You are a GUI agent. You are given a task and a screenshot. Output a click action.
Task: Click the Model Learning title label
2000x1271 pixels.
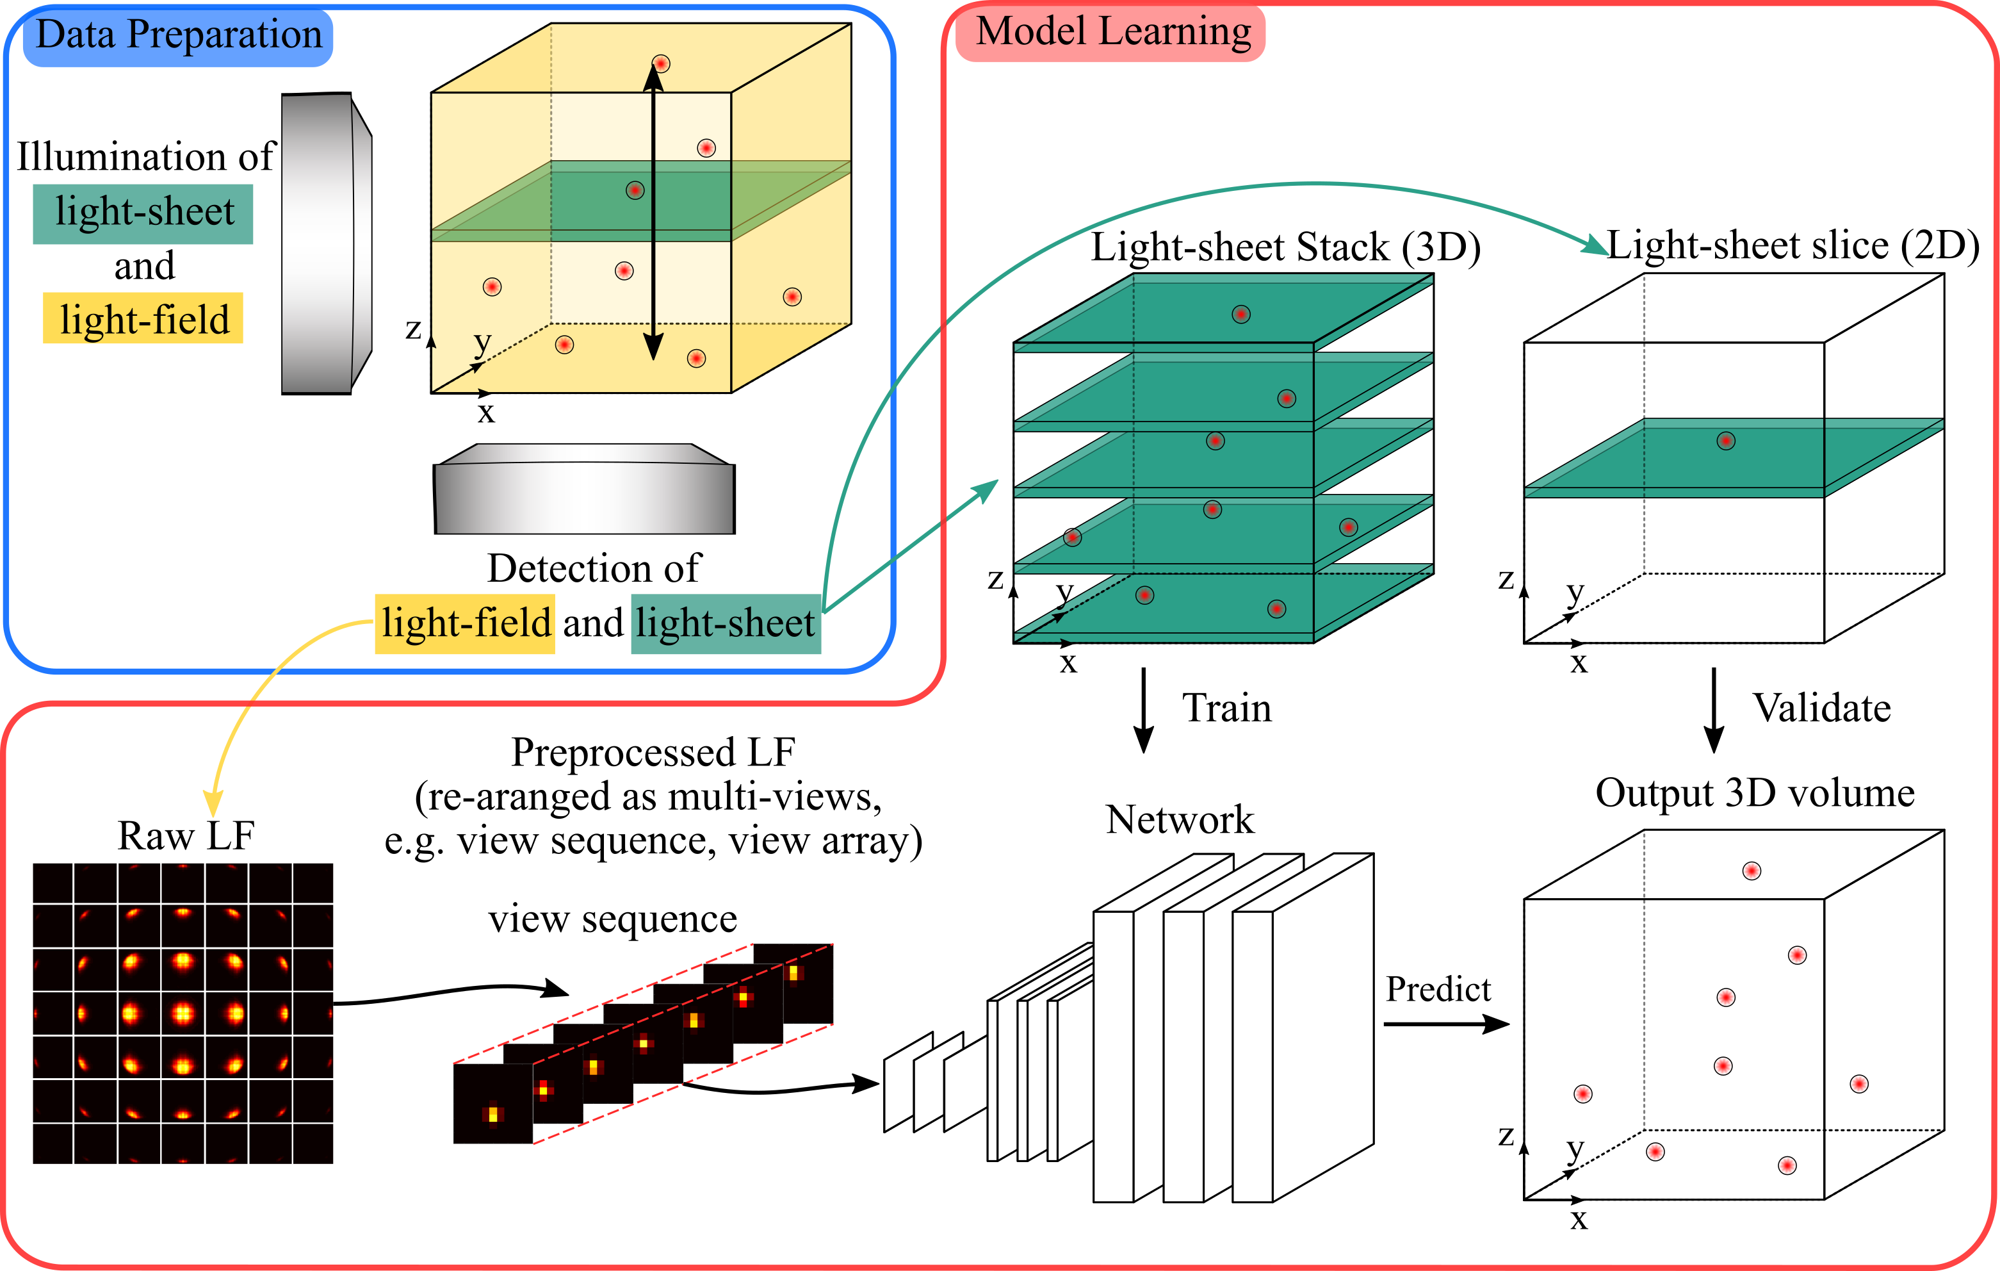(x=1111, y=33)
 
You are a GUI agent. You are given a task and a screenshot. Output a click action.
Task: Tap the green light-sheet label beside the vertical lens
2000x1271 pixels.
(x=143, y=213)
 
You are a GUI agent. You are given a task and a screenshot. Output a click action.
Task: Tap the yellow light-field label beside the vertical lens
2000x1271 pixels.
(x=143, y=318)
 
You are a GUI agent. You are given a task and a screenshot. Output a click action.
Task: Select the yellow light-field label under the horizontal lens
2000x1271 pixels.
(x=464, y=624)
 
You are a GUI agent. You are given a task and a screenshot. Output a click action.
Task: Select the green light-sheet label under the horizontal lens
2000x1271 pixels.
(x=725, y=624)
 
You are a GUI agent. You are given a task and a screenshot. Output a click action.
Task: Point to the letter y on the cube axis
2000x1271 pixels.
(x=482, y=341)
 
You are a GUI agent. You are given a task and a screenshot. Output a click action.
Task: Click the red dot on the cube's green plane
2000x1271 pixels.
(x=635, y=190)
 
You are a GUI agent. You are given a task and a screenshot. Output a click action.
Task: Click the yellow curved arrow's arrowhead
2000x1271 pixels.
(x=213, y=804)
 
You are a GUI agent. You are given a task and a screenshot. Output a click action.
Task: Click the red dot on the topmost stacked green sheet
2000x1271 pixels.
(x=1241, y=314)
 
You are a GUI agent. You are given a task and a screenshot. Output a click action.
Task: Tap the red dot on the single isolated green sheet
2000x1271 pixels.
(x=1726, y=441)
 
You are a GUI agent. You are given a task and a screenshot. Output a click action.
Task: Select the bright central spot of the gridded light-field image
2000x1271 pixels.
(x=183, y=1013)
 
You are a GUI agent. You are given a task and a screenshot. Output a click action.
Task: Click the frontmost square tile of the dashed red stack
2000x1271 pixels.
(x=492, y=1104)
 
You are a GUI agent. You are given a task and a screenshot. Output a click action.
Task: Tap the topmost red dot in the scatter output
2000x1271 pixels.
(x=1752, y=871)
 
